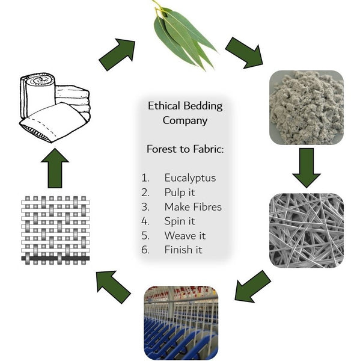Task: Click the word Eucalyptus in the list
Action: pos(190,179)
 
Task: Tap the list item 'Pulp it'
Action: pos(180,193)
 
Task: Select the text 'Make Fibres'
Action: pos(193,207)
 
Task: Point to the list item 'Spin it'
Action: pos(180,221)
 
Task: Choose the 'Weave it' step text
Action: pos(185,235)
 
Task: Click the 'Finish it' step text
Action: pos(183,250)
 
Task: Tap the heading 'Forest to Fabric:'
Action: pos(185,149)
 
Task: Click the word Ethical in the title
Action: pos(164,106)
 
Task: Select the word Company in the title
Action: pos(185,121)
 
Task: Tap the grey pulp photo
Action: pos(307,108)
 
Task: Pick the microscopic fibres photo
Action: pos(307,230)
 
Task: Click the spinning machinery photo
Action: pos(181,322)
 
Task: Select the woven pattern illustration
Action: pos(55,230)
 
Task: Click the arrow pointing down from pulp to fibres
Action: pos(307,168)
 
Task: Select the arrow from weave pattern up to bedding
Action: pos(55,168)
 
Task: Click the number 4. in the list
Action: pos(145,221)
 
